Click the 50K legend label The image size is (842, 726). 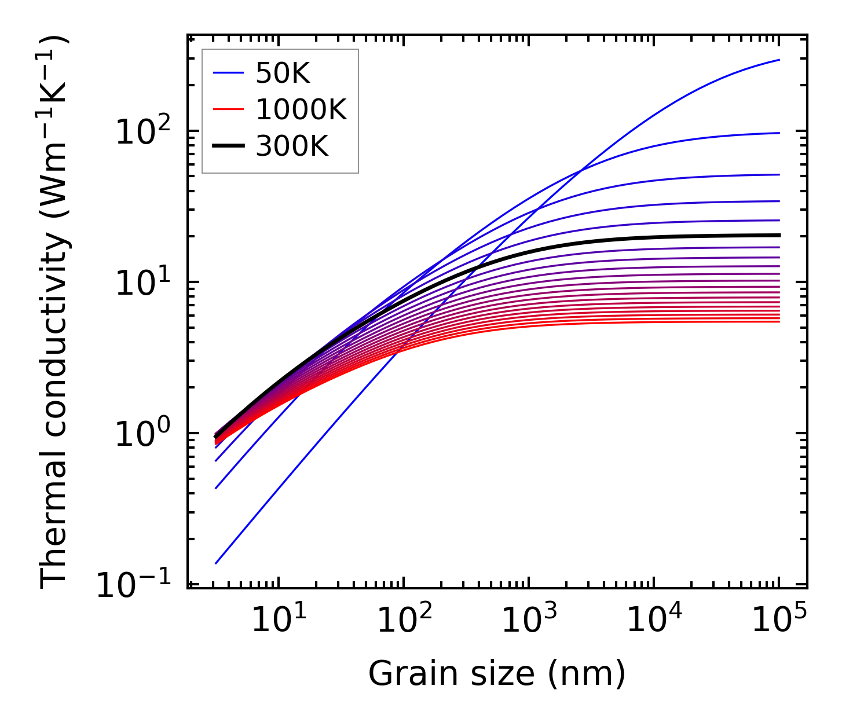(283, 74)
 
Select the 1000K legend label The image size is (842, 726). (301, 110)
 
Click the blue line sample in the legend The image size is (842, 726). (228, 74)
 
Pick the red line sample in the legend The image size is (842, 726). (228, 110)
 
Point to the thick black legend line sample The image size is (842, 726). (228, 146)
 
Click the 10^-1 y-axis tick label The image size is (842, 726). (134, 586)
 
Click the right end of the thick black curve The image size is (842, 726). (779, 235)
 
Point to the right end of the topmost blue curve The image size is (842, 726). (779, 60)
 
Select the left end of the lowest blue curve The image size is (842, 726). (215, 563)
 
